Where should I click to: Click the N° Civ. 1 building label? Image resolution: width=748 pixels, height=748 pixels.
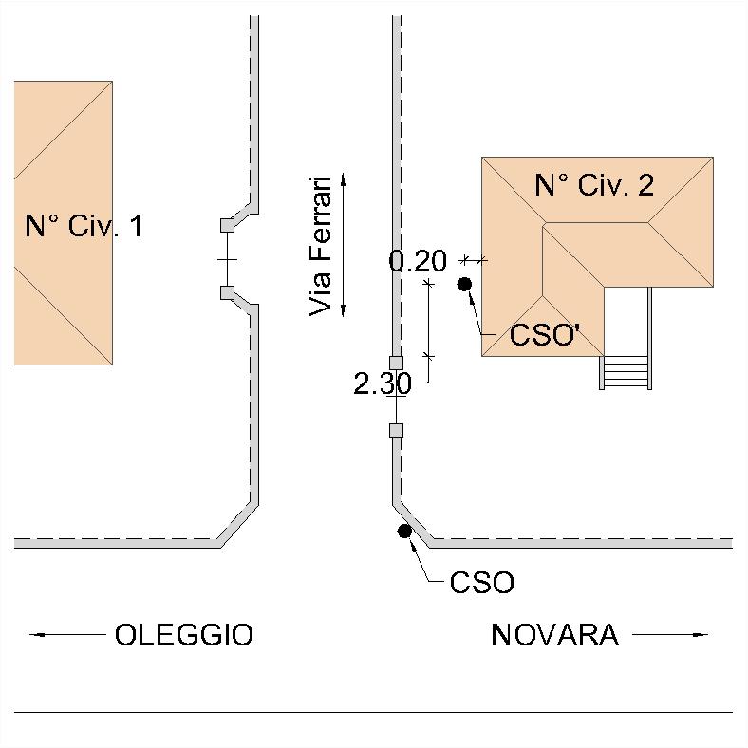point(84,226)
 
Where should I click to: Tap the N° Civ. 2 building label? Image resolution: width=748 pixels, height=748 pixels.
point(594,184)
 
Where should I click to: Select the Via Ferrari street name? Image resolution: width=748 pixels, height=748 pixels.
point(320,246)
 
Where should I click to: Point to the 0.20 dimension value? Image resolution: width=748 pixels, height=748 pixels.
point(418,261)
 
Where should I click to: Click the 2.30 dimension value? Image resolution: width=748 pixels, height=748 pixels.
point(383,383)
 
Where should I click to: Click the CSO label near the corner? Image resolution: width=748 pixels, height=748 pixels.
point(482,583)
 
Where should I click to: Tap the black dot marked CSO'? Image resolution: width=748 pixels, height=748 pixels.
point(464,285)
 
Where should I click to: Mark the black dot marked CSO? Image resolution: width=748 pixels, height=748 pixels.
point(404,531)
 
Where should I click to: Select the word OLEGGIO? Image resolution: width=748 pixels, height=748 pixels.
point(184,634)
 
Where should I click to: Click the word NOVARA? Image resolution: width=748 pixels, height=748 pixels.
point(554,635)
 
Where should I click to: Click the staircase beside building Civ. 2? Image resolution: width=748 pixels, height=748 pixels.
point(626,372)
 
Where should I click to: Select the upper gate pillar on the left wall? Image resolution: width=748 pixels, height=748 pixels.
point(228,225)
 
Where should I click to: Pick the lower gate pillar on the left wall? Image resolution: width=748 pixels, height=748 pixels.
point(228,293)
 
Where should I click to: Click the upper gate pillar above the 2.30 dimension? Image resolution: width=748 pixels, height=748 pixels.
point(396,363)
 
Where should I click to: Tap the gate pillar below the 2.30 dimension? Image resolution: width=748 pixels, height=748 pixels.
point(396,430)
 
